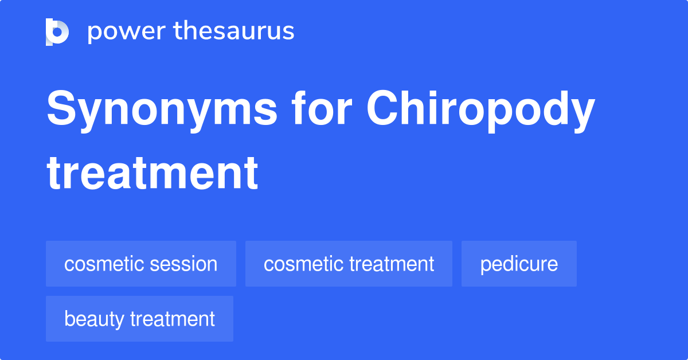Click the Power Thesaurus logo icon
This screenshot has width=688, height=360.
(57, 32)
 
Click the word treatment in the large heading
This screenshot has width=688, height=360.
(153, 173)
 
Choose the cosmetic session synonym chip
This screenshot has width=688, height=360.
(141, 264)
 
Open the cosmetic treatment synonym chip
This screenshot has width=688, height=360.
(349, 264)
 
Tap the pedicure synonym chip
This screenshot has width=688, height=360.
(519, 264)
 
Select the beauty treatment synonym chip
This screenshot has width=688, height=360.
(139, 319)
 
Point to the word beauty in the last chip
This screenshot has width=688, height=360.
(95, 319)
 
